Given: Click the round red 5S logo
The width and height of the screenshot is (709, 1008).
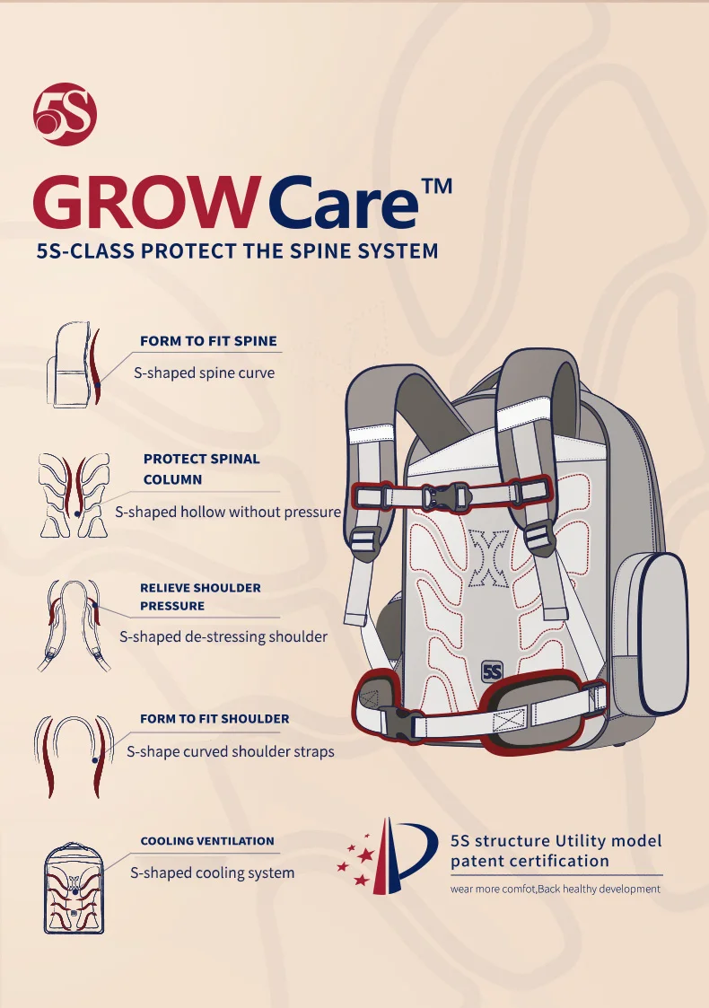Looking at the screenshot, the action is point(65,114).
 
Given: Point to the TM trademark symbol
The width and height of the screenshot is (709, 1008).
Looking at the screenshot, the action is point(437,186).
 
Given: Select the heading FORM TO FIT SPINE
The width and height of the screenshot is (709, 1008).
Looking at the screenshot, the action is point(208,341).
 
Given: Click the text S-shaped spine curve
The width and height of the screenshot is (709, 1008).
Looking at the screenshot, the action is point(204,373).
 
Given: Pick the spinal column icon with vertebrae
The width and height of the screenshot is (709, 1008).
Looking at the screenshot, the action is point(74,495).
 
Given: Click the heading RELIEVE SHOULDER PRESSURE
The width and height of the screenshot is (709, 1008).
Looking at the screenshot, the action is point(200,597).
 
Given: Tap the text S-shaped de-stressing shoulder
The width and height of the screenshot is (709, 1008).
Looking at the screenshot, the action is point(223,636).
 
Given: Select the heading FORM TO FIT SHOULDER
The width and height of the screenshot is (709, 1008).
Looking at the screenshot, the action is point(214,719).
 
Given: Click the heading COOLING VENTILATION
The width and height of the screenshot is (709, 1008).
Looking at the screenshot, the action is point(207,841).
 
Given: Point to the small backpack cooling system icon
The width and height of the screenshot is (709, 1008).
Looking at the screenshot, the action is point(74,889).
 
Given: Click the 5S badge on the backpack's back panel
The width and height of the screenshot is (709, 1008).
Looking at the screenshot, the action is point(492,671).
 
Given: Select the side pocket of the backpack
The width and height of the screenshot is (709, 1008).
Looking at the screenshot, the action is point(649,632).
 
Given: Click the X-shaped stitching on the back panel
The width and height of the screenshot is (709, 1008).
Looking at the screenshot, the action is point(488,558).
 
